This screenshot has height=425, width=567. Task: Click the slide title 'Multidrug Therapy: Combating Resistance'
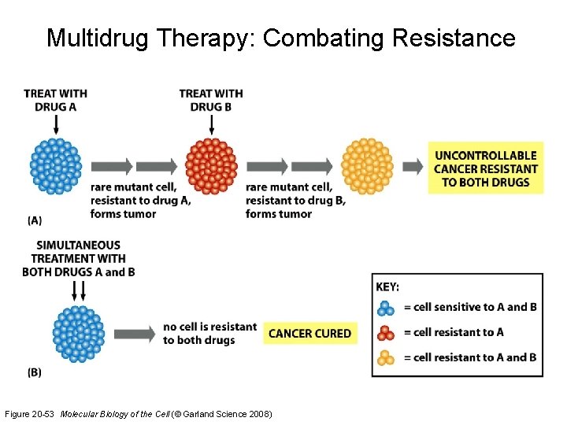[x=281, y=38]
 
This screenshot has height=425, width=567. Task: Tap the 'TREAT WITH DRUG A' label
[x=55, y=100]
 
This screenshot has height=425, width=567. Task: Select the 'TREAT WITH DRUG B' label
[x=211, y=100]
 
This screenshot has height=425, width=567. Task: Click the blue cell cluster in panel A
[x=56, y=166]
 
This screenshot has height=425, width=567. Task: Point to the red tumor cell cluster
[x=211, y=166]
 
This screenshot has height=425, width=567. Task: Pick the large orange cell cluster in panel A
[x=367, y=166]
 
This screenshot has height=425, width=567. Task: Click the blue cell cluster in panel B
[x=78, y=334]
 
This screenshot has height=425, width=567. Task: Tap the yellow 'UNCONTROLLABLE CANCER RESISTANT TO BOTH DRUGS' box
[x=485, y=169]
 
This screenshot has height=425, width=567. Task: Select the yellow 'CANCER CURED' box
[x=310, y=334]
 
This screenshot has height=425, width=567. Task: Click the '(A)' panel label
[x=35, y=221]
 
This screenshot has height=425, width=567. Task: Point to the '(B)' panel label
[x=35, y=372]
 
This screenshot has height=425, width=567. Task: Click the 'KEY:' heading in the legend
[x=388, y=288]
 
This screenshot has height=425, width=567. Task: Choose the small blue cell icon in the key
[x=385, y=307]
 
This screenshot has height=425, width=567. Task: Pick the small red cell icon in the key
[x=385, y=332]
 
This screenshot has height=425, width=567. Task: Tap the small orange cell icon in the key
[x=385, y=357]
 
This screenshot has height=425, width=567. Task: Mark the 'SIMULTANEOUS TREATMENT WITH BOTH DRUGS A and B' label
[x=78, y=259]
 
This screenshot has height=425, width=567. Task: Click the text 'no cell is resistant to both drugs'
[x=209, y=334]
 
